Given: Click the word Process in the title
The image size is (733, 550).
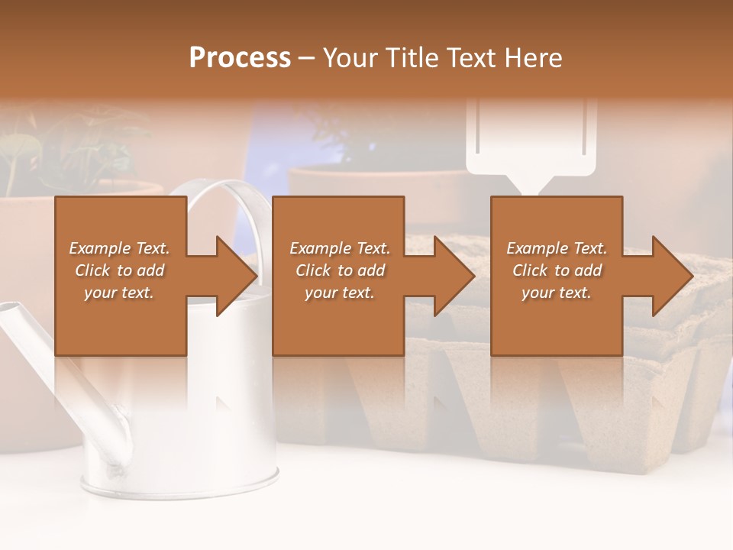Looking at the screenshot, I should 240,57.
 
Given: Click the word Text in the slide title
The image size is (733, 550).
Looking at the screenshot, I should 470,57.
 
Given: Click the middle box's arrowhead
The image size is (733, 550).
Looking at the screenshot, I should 454,276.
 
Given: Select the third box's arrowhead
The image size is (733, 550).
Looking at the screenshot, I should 671,276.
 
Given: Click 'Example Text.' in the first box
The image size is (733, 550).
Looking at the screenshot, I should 119,248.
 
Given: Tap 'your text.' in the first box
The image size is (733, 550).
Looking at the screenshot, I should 119,293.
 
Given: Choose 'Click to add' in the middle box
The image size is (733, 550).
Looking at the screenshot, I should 340,270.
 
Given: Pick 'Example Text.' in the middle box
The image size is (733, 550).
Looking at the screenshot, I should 340,248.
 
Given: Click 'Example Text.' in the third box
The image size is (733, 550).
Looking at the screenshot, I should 557,248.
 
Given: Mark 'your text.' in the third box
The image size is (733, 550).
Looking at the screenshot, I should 557,293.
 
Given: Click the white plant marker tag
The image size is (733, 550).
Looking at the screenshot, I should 534,145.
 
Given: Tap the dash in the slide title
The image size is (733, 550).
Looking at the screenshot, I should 307,59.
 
